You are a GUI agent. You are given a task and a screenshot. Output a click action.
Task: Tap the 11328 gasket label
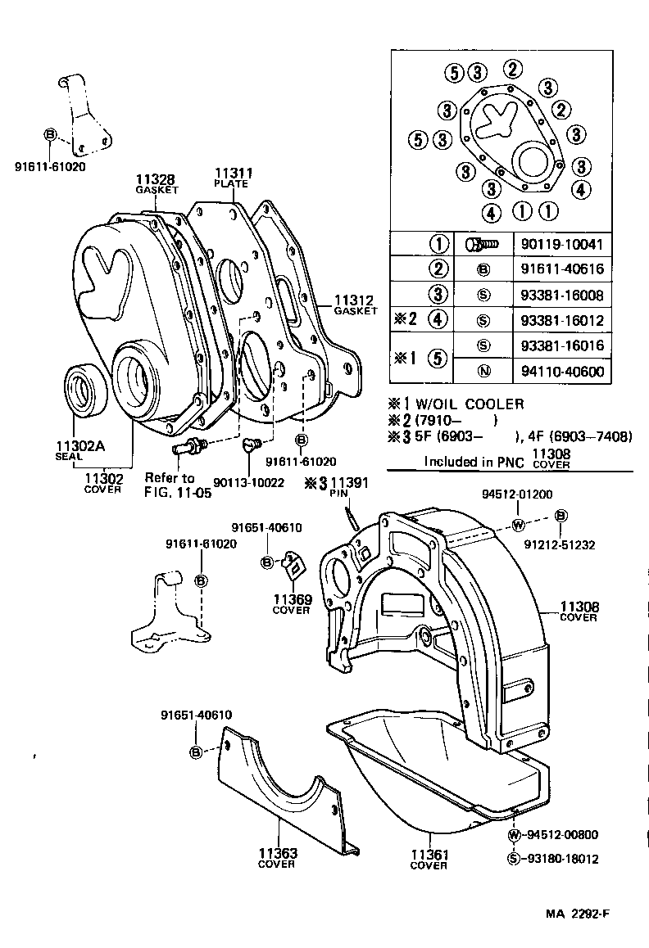(x=157, y=184)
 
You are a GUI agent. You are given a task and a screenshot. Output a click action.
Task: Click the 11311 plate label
(x=233, y=178)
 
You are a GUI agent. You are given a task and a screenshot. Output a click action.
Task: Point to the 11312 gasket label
(x=355, y=305)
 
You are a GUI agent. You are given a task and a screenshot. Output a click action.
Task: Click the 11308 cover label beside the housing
(x=579, y=612)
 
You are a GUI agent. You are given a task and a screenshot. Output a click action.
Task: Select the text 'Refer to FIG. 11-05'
(x=171, y=484)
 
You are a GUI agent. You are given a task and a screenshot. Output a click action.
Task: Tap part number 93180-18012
(x=561, y=859)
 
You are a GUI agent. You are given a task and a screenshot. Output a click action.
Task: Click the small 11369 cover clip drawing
(x=292, y=567)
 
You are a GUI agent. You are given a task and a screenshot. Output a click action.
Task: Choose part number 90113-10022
(x=248, y=483)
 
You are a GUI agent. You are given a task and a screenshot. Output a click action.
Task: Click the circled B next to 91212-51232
(x=561, y=516)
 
